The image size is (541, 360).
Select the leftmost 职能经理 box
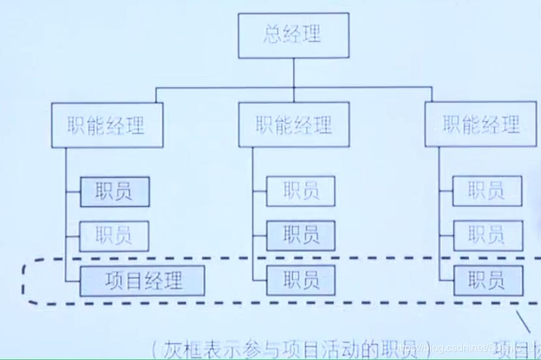(106, 125)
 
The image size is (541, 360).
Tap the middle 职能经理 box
(294, 125)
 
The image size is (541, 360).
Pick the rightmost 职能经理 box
(480, 124)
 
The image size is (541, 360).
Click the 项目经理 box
(143, 280)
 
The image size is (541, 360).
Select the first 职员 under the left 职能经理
(114, 192)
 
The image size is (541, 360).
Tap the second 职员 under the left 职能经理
(114, 236)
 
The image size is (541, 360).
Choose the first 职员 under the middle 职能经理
(301, 191)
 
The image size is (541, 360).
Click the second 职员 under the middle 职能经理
(301, 235)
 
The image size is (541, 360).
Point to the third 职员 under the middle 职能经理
(301, 280)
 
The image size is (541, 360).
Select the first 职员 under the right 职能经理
(487, 191)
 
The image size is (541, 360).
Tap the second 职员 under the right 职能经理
(487, 235)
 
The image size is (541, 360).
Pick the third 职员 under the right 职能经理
(487, 280)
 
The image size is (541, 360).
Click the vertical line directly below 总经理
(293, 72)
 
